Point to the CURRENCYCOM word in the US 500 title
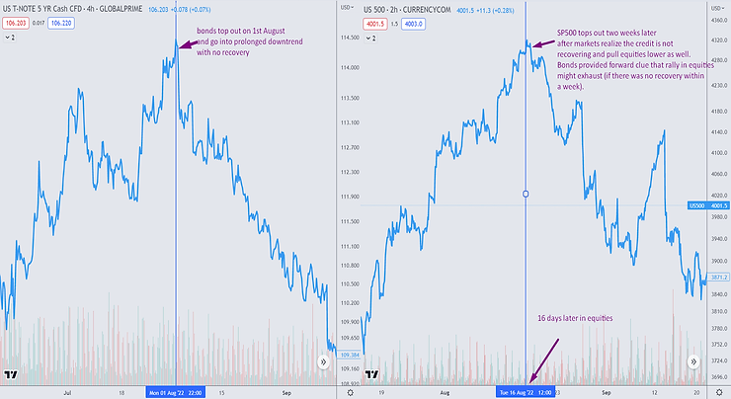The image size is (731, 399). click(466, 9)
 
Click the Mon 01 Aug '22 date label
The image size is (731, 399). click(177, 391)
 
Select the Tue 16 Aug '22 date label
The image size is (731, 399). click(526, 391)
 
